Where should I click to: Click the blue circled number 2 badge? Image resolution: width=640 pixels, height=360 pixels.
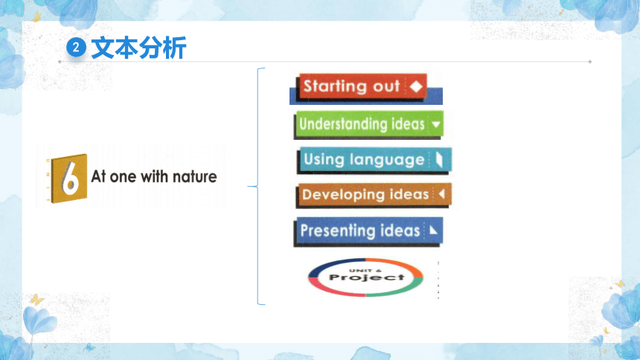click(76, 48)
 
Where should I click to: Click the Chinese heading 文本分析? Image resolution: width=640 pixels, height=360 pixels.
click(138, 48)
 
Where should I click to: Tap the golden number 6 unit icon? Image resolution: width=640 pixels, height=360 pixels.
click(69, 179)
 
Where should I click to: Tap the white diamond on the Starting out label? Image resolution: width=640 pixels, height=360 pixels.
click(416, 86)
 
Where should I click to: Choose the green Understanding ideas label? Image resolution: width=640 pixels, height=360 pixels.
click(369, 123)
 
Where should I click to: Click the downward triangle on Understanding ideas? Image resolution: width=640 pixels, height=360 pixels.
click(436, 124)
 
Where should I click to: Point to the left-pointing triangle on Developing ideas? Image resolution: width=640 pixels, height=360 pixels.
click(441, 194)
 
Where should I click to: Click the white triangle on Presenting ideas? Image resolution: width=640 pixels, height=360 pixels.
click(433, 231)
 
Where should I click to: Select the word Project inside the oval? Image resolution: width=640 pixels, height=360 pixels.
click(367, 277)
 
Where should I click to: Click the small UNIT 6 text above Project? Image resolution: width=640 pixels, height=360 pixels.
click(365, 270)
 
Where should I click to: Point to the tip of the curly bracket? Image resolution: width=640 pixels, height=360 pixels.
click(248, 187)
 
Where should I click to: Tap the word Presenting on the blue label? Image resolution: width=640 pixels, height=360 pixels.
click(338, 231)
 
